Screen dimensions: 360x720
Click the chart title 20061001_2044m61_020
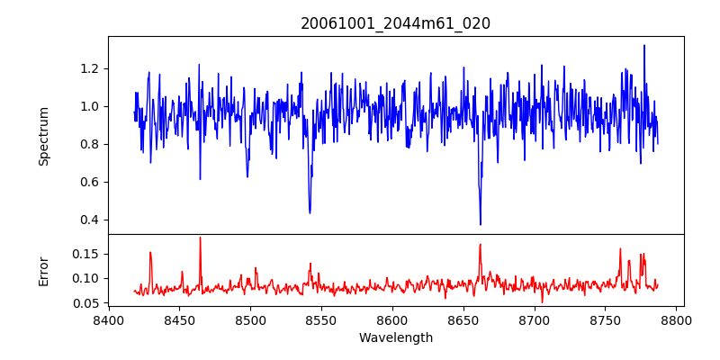(395, 23)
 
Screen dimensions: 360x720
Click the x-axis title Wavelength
(395, 337)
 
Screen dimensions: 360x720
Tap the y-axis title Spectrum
(43, 135)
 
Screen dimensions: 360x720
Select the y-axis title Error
(43, 270)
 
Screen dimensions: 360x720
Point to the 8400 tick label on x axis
(108, 319)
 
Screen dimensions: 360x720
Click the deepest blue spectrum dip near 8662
(481, 224)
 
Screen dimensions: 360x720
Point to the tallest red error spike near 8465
(200, 238)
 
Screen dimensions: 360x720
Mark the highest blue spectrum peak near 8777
(644, 45)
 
